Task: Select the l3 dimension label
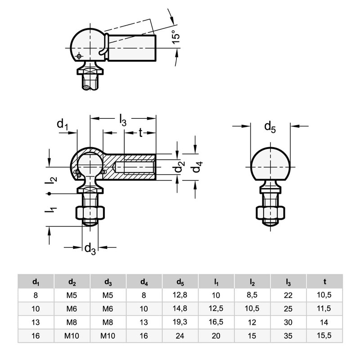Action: coord(122,120)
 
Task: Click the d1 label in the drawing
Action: coord(63,125)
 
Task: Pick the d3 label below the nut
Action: coord(90,248)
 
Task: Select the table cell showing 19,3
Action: coord(180,322)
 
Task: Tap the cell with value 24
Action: coord(180,336)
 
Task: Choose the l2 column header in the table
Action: coord(252,282)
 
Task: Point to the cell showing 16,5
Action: coord(216,322)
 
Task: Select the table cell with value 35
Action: coord(288,336)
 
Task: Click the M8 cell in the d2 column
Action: coord(72,322)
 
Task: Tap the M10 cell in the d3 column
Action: coord(108,336)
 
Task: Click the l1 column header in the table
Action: coord(216,282)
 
